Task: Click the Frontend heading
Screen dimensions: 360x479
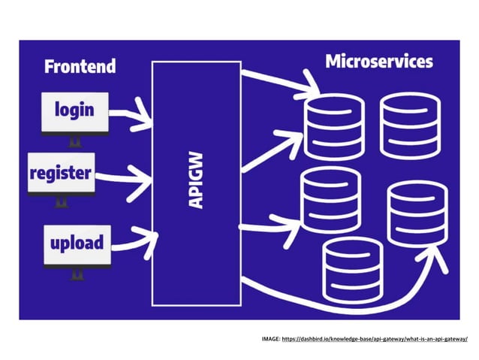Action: click(80, 66)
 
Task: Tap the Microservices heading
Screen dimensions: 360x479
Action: click(378, 62)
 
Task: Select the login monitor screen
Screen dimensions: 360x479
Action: click(74, 110)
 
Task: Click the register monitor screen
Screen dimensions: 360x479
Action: click(60, 174)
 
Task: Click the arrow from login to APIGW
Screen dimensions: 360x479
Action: click(134, 115)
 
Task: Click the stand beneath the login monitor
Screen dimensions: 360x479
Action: click(74, 141)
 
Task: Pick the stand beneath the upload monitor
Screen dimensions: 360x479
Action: click(76, 275)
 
